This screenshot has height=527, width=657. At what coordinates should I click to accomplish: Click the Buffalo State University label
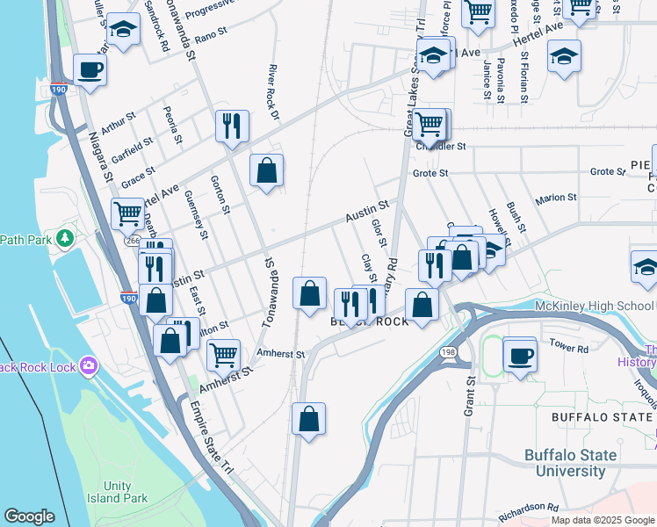[x=577, y=463]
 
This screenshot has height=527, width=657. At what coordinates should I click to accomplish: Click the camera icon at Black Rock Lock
[x=88, y=365]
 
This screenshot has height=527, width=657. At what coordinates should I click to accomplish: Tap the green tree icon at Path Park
[x=64, y=238]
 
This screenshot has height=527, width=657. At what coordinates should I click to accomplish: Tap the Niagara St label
[x=101, y=157]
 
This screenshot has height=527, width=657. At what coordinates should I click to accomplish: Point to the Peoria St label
[x=172, y=125]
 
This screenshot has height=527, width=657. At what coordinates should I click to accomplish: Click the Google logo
[x=30, y=516]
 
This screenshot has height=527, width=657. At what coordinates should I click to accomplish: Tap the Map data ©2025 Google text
[x=603, y=520]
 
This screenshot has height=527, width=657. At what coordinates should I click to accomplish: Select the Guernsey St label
[x=198, y=217]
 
